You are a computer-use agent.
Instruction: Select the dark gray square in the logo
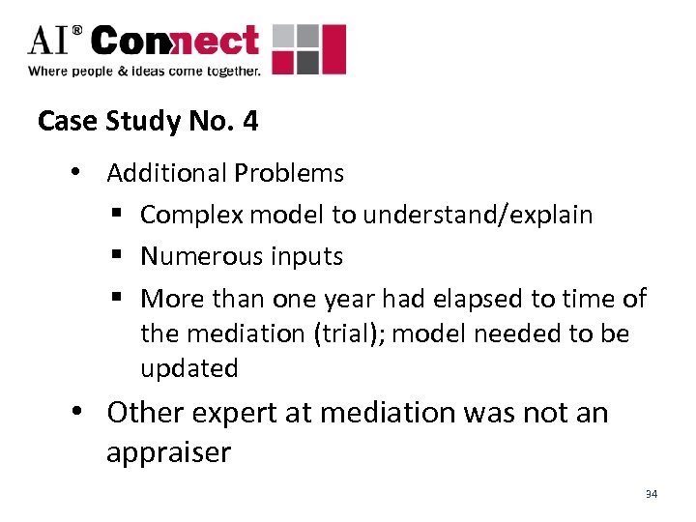pyautogui.click(x=306, y=63)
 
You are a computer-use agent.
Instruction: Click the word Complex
pyautogui.click(x=191, y=215)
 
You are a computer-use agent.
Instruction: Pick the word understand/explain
pyautogui.click(x=478, y=215)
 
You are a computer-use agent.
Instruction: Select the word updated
pyautogui.click(x=189, y=368)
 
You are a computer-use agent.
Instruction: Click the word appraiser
pyautogui.click(x=169, y=452)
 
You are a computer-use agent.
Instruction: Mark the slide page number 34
pyautogui.click(x=652, y=494)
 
